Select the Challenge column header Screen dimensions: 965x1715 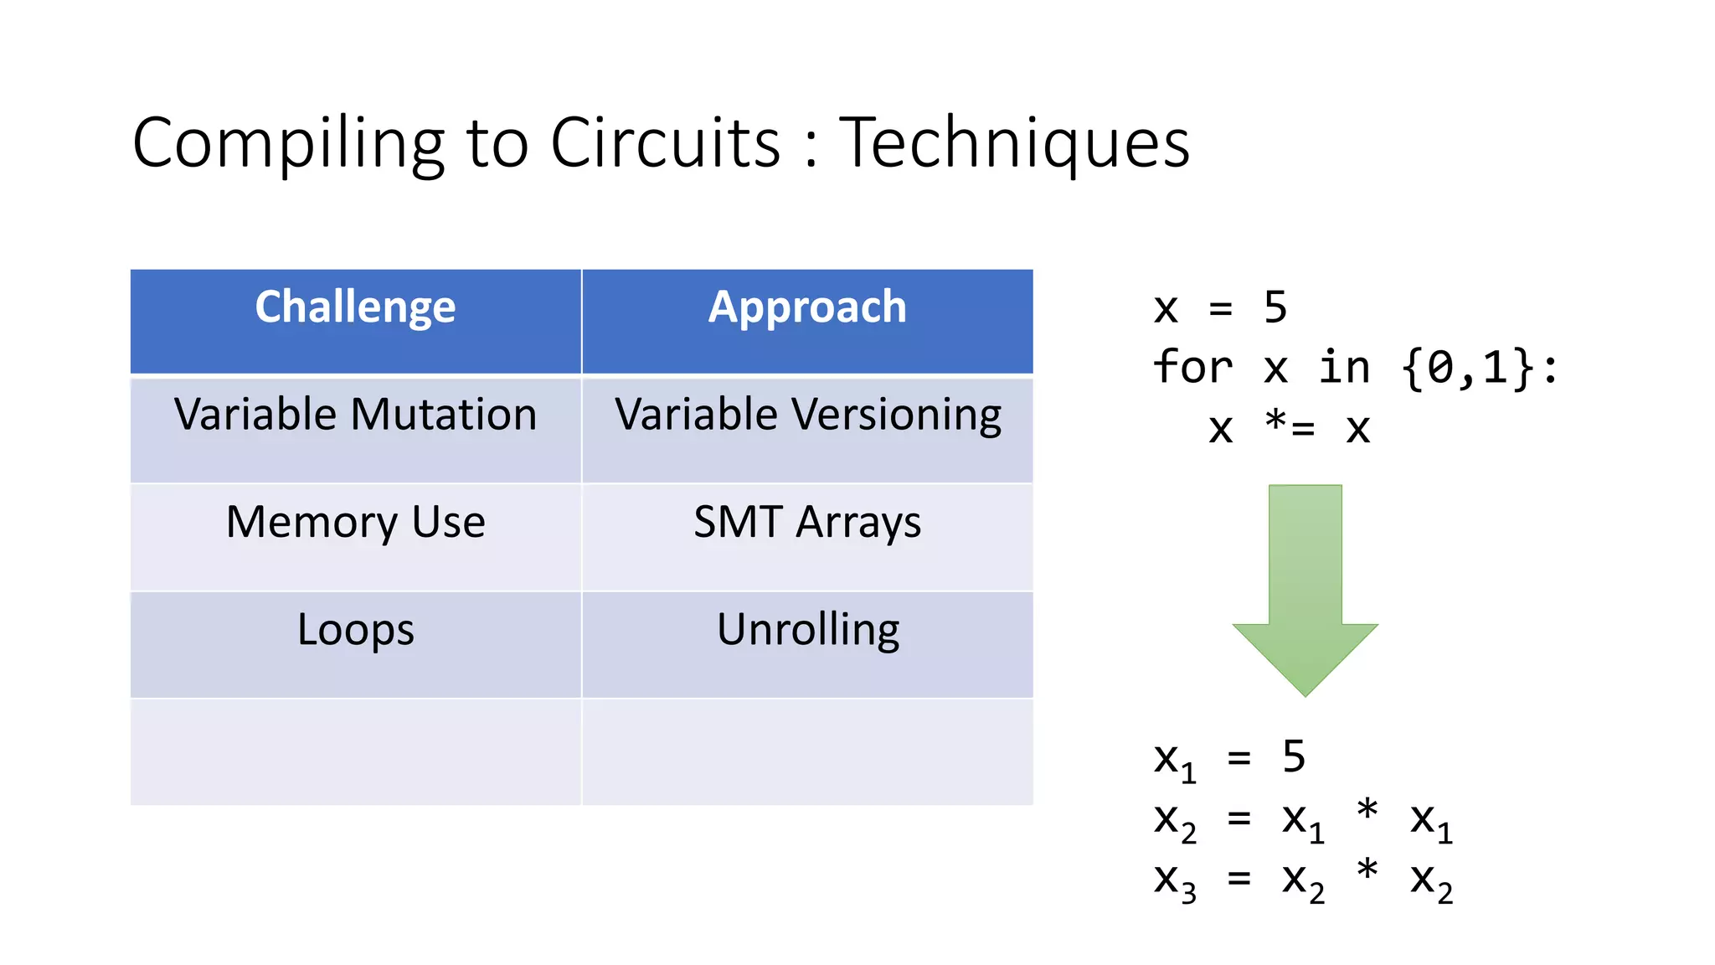(355, 307)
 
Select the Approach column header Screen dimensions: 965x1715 (806, 307)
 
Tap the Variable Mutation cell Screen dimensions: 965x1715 (355, 415)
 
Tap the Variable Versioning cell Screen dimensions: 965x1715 (807, 415)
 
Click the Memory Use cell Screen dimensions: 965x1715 (355, 523)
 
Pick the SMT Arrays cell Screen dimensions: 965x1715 (807, 523)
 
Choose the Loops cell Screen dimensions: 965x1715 (355, 630)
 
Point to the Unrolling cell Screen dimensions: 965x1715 (807, 630)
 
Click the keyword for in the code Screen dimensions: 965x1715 (1192, 368)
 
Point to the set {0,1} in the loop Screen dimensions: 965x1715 (1468, 368)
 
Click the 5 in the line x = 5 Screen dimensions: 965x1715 (1275, 307)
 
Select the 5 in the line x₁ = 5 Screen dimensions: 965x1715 (1294, 757)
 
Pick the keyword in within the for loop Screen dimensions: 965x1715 (1344, 368)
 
